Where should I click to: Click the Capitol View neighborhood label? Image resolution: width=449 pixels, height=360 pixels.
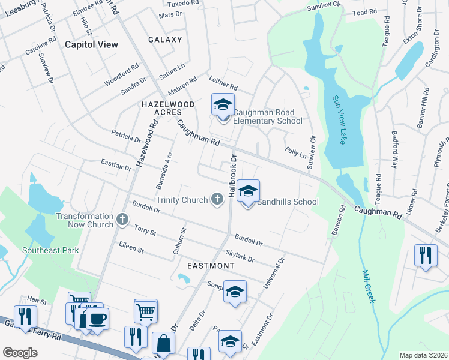pos(91,44)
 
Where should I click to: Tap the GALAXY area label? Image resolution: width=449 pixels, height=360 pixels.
pos(165,40)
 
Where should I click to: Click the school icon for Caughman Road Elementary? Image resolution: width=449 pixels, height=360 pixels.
pos(223,105)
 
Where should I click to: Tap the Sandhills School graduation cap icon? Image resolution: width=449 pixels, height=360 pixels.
pos(248,191)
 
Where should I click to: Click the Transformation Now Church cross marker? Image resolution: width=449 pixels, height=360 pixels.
pos(122,220)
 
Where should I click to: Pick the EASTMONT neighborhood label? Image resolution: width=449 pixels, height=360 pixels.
pos(211,265)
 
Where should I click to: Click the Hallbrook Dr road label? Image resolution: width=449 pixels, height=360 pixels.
pos(232,175)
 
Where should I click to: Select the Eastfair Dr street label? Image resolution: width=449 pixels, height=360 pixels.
pos(116,165)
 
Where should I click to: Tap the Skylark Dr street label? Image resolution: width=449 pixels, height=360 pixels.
pos(240,256)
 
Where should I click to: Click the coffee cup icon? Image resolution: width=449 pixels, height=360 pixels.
pos(97,317)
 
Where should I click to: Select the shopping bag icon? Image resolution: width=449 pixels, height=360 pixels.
pos(163,344)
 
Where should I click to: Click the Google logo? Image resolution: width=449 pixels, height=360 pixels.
pos(20,353)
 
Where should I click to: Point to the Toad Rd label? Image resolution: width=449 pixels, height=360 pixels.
pos(365,11)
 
